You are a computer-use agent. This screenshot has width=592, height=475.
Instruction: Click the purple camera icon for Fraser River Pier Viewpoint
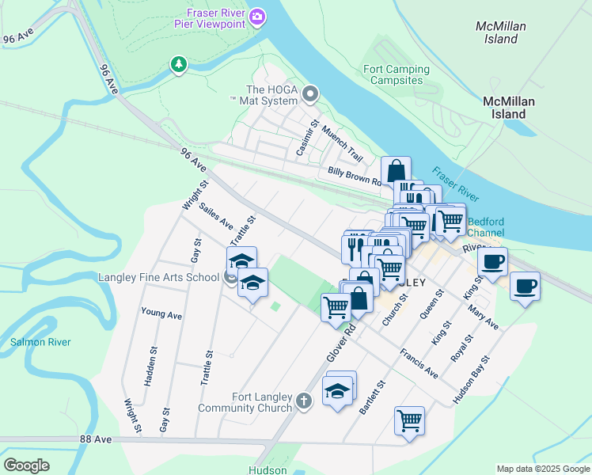click(x=256, y=17)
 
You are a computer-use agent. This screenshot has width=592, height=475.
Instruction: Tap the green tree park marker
click(x=179, y=64)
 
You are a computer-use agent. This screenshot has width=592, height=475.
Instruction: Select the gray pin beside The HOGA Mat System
click(x=310, y=95)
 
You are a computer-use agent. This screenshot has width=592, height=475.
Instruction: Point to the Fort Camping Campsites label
click(x=396, y=75)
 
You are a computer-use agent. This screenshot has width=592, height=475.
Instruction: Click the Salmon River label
click(x=40, y=342)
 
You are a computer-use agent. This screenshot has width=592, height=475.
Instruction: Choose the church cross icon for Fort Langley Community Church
click(x=304, y=402)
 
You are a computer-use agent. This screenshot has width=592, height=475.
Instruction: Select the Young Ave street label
click(x=161, y=314)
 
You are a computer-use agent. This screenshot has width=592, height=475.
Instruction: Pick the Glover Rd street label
click(x=338, y=343)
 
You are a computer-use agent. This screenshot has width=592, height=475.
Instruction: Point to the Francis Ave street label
click(x=419, y=362)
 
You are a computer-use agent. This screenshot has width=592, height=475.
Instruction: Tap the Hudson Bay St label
click(x=472, y=380)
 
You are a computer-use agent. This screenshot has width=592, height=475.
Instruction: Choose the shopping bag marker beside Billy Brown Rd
click(x=396, y=170)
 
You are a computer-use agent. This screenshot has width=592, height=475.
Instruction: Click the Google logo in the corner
click(x=26, y=465)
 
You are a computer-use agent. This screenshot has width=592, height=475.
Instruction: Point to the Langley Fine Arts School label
click(x=158, y=277)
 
